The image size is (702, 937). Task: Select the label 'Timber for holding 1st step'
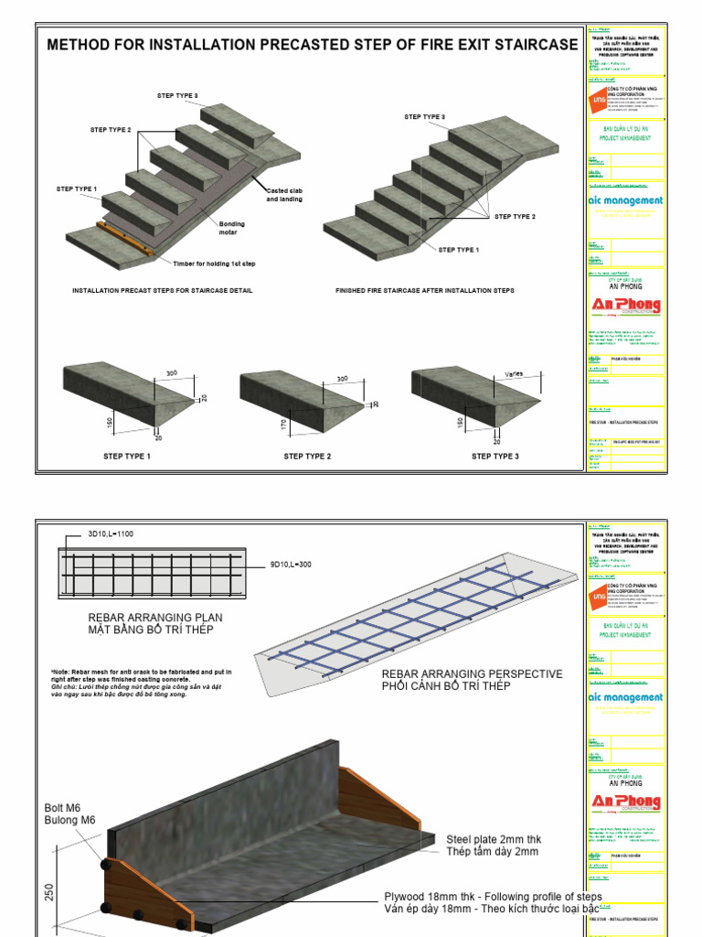click(x=214, y=264)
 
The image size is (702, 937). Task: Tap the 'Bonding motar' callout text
click(x=232, y=227)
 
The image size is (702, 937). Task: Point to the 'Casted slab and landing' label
click(x=284, y=195)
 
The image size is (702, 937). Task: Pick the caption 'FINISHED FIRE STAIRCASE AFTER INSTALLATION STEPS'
click(x=424, y=290)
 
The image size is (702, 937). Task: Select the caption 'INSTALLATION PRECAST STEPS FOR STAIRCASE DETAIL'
click(x=162, y=290)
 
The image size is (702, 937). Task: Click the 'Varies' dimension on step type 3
click(x=515, y=373)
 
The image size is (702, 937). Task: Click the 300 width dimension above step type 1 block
click(x=171, y=373)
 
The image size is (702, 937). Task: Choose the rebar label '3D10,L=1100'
click(x=111, y=533)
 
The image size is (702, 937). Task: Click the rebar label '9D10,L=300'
click(x=290, y=565)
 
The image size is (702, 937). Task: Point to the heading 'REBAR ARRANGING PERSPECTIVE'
click(x=472, y=673)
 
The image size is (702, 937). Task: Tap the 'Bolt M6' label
click(x=63, y=808)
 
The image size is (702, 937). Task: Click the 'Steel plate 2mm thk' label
click(x=494, y=838)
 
